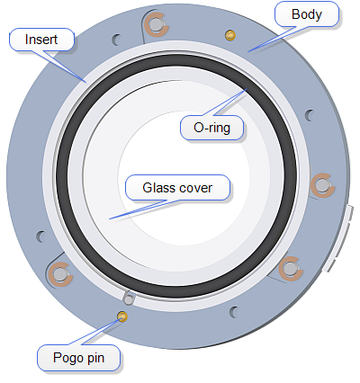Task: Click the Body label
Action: (307, 14)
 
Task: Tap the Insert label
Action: (41, 40)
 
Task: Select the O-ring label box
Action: (211, 128)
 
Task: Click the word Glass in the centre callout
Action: (155, 188)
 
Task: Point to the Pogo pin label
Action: (78, 358)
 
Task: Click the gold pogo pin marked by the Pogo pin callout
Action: (122, 316)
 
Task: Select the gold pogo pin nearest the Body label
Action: (230, 35)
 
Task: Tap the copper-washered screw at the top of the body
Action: (155, 24)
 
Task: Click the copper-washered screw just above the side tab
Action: (322, 185)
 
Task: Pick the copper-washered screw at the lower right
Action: (290, 269)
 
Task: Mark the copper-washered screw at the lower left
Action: (60, 274)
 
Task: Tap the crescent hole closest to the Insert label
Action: (116, 40)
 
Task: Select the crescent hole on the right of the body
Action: (309, 115)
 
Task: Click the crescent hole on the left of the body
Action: (40, 236)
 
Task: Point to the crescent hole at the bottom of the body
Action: (233, 312)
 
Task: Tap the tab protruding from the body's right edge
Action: (338, 238)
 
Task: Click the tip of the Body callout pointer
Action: (247, 52)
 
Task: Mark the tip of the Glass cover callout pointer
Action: (109, 219)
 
